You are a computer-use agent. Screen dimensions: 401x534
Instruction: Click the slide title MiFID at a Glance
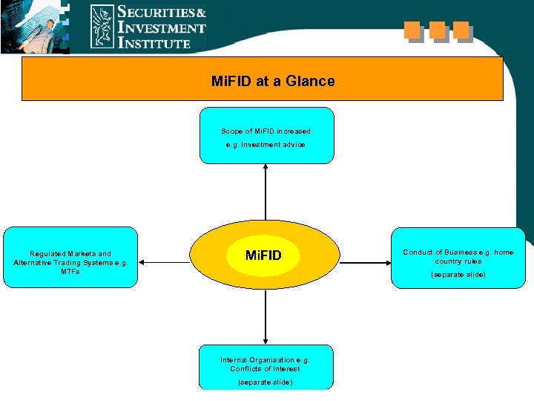(273, 80)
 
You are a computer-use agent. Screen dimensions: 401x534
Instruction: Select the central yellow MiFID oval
(264, 255)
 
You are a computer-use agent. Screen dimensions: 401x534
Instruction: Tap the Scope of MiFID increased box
(266, 136)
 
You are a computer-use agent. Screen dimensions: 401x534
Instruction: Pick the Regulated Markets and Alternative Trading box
(70, 257)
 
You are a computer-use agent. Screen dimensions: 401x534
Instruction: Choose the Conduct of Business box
(458, 257)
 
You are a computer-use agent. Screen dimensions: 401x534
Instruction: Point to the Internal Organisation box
(266, 367)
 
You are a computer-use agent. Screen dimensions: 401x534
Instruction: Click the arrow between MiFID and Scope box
(266, 192)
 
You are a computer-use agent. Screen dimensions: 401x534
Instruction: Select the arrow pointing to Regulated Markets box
(165, 262)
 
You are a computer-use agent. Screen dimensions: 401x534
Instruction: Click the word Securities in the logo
(162, 13)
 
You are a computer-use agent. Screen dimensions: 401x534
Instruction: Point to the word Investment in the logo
(162, 28)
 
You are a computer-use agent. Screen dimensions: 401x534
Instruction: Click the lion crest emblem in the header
(102, 27)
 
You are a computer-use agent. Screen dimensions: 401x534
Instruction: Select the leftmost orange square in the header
(412, 30)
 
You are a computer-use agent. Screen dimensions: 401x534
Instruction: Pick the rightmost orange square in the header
(461, 30)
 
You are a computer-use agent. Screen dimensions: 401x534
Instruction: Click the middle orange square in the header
(437, 30)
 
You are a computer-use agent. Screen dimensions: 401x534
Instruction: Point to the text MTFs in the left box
(70, 272)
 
